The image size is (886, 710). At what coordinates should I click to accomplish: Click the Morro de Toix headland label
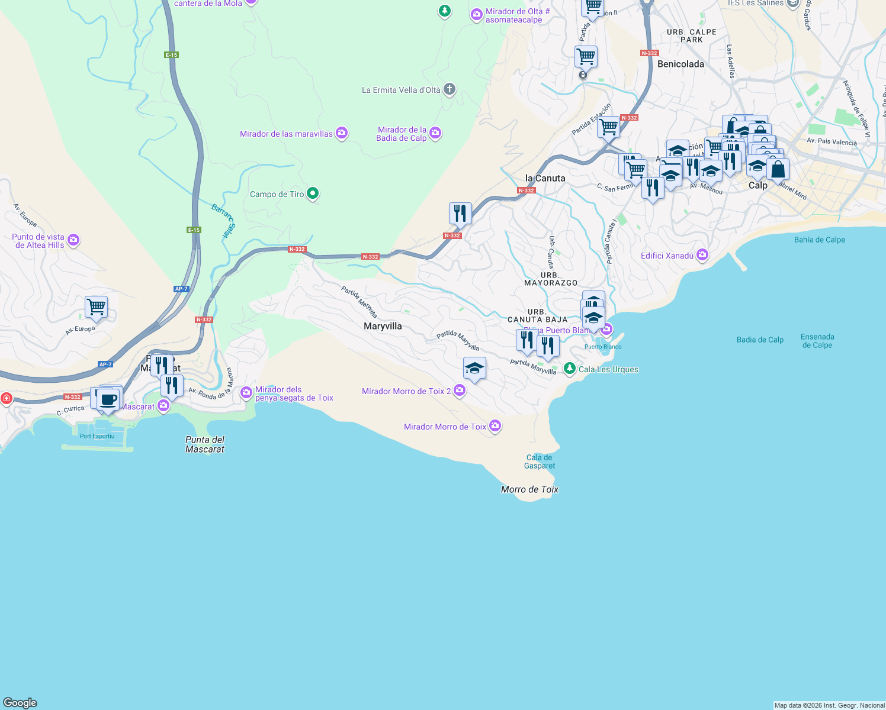[529, 489]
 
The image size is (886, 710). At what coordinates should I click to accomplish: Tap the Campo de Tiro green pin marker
[313, 193]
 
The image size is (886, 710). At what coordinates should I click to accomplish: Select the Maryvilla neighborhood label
[383, 326]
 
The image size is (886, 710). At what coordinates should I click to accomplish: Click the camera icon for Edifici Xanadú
[702, 255]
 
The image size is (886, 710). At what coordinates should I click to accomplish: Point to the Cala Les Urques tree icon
[569, 369]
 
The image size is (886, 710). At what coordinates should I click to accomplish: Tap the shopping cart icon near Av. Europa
[96, 307]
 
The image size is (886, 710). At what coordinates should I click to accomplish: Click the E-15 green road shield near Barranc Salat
[194, 230]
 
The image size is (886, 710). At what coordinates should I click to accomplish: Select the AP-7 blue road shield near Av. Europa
[105, 364]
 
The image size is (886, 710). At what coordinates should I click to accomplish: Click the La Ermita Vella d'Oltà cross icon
[449, 89]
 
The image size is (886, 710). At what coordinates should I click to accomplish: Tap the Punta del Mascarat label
[205, 444]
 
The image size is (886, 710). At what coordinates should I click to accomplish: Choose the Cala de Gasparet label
[540, 461]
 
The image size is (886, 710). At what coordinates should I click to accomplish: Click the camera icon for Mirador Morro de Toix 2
[459, 390]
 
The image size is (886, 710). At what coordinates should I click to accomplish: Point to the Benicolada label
[680, 64]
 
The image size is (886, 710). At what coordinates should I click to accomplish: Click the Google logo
[20, 702]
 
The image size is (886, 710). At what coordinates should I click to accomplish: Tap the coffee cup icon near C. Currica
[108, 399]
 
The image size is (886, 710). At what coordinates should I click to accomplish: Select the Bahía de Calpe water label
[819, 240]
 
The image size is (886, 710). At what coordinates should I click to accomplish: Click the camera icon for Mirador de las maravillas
[342, 133]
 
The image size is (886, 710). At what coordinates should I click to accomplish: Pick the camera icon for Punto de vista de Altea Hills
[73, 240]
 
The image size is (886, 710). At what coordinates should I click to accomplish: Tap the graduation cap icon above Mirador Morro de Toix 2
[474, 369]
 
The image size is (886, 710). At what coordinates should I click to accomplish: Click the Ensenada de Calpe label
[817, 341]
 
